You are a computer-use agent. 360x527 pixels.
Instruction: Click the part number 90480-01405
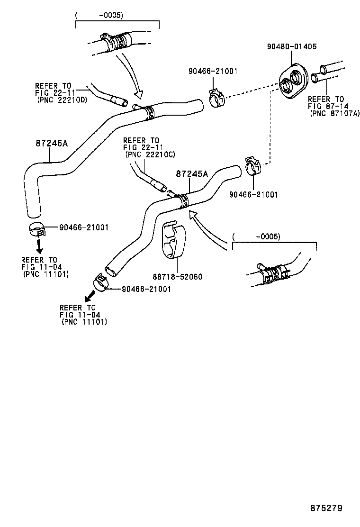[x=291, y=47]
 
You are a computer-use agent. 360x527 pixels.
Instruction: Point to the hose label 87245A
[x=192, y=174]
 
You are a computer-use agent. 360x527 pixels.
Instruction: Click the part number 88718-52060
[x=178, y=276]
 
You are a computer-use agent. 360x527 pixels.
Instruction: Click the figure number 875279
[x=326, y=508]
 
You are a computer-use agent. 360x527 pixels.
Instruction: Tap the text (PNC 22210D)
[x=61, y=100]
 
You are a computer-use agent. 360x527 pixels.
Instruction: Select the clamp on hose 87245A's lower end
[x=101, y=283]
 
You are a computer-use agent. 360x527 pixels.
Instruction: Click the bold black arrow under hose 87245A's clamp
[x=89, y=298]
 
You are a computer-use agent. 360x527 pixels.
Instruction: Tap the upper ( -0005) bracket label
[x=100, y=15]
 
